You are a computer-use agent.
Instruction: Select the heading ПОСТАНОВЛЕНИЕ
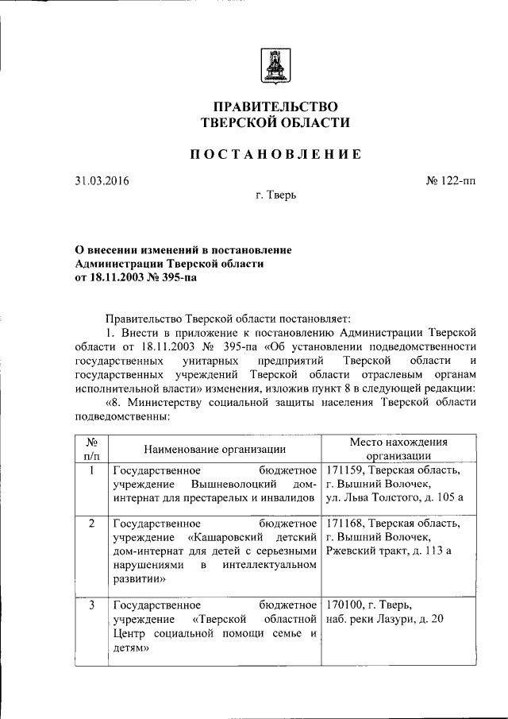point(274,154)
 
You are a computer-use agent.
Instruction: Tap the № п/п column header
point(91,449)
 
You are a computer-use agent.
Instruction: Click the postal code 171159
point(345,470)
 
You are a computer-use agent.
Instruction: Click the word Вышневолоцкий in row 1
point(233,484)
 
